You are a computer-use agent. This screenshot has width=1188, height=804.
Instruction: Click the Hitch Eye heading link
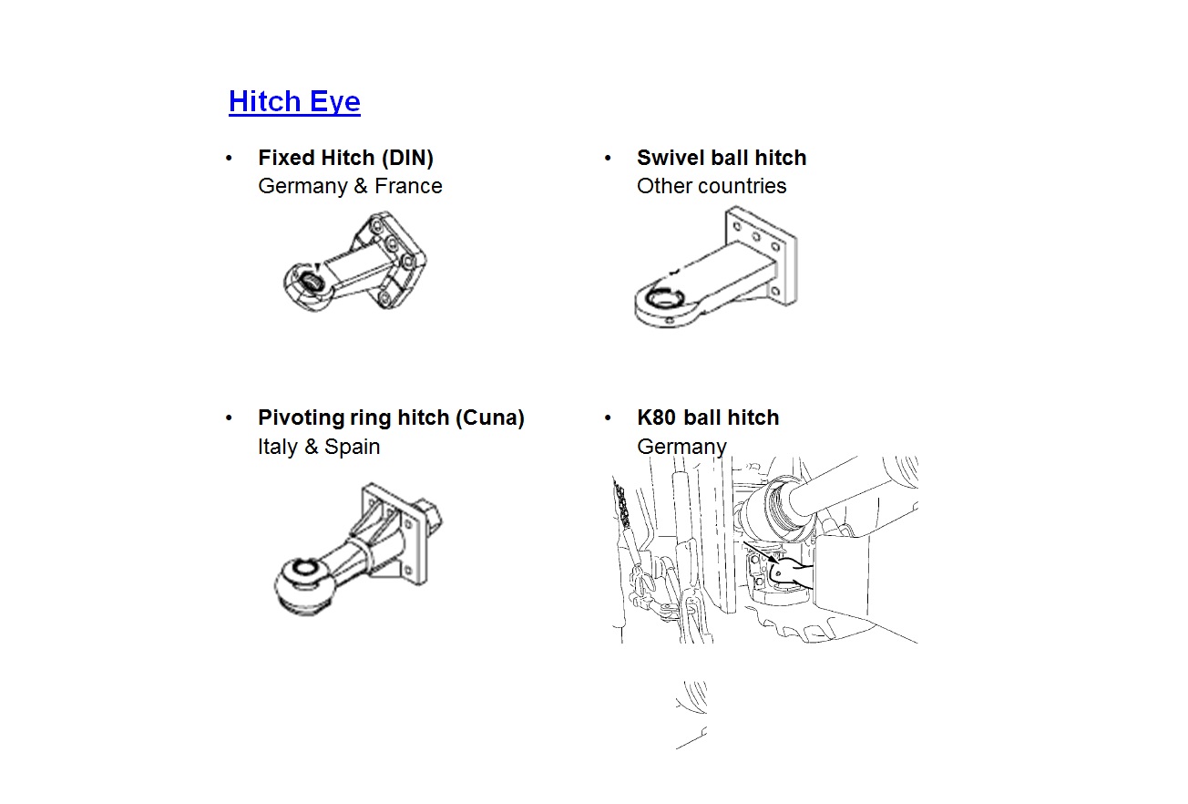point(294,101)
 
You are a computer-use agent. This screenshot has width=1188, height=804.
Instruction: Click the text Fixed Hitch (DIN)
point(345,158)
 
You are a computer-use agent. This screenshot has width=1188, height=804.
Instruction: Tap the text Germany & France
point(350,186)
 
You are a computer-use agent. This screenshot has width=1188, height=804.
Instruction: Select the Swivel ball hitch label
point(722,158)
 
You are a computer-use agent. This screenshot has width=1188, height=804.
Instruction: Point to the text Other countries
point(712,186)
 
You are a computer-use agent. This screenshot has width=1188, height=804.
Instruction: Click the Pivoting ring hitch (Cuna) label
point(391,417)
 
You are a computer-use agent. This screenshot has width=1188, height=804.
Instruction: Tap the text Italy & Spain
point(319,447)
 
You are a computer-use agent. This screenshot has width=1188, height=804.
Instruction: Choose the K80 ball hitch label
point(708,417)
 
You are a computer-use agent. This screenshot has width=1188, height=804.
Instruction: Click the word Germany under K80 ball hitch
point(681,447)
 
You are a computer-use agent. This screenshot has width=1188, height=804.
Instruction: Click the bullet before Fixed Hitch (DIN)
point(229,159)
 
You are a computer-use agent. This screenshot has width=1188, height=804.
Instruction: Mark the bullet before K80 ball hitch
point(608,418)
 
